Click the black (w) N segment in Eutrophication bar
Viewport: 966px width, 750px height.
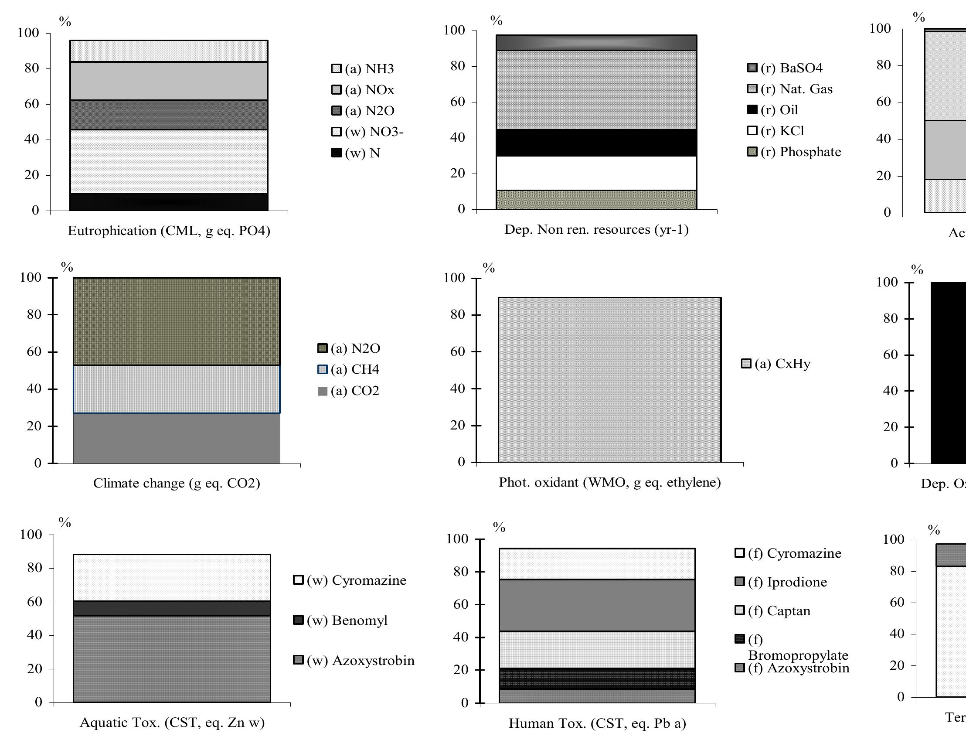point(169,202)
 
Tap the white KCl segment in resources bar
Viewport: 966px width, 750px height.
point(596,173)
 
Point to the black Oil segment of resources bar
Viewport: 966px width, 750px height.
point(596,143)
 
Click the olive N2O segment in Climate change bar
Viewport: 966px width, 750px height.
point(177,322)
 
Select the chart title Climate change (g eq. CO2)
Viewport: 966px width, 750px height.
point(177,483)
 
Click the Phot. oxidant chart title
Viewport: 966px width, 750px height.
point(609,482)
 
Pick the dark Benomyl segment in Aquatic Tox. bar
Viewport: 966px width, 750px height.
point(172,608)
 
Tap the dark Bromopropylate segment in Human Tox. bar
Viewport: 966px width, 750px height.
point(597,678)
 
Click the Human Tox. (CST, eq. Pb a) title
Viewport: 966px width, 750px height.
point(597,723)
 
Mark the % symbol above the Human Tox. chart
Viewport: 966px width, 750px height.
point(499,527)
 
